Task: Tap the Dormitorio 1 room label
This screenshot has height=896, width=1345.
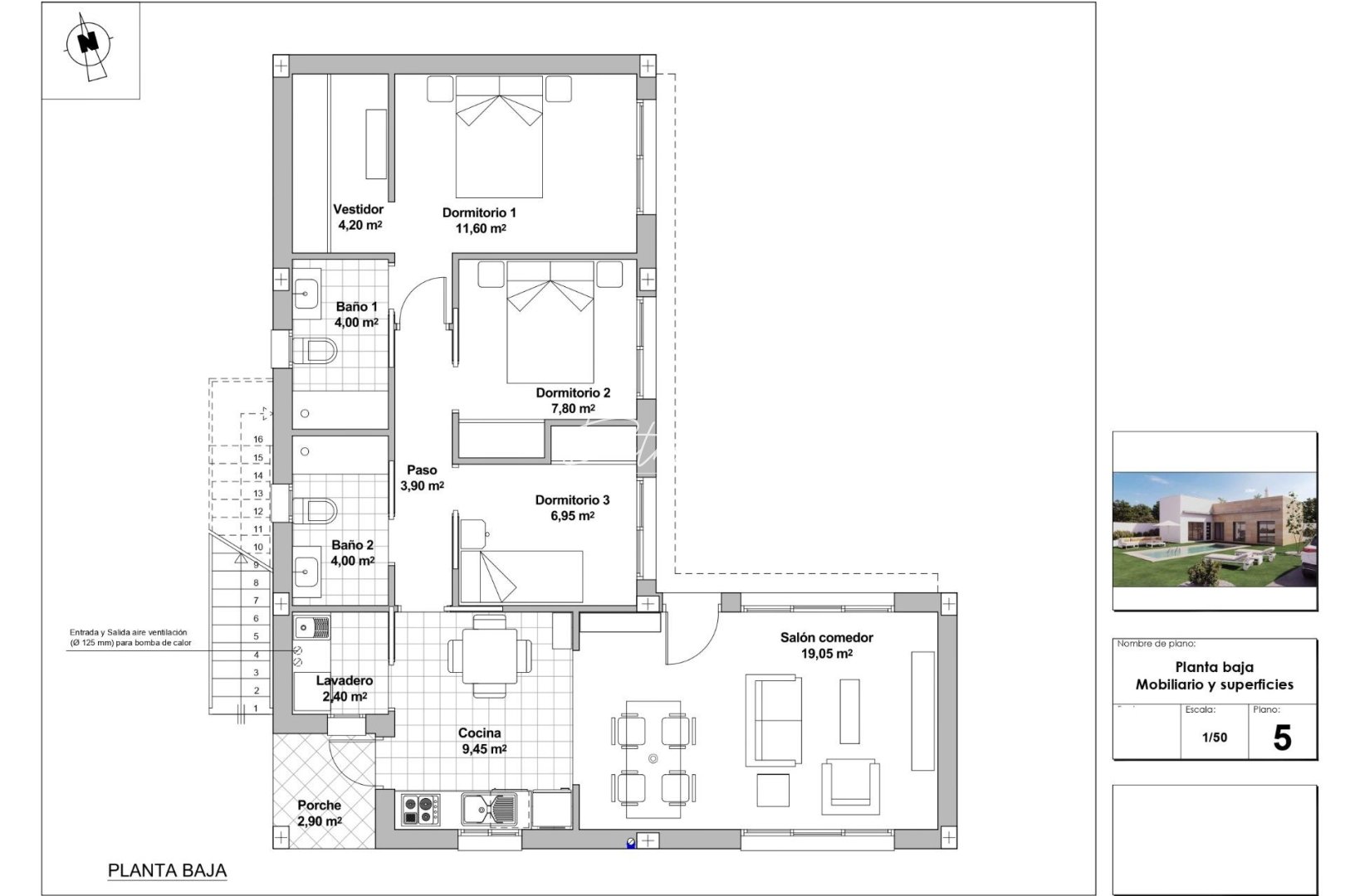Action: point(479,213)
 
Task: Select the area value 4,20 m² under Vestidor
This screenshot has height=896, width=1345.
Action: point(359,225)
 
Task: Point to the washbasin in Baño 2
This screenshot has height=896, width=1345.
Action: point(307,571)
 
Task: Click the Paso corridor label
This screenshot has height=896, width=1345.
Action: point(422,470)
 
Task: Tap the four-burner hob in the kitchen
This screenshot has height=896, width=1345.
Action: point(421,809)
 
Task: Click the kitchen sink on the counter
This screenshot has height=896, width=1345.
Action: point(490,809)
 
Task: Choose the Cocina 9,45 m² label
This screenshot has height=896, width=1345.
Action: point(482,741)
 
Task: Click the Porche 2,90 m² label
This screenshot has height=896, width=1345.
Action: point(320,813)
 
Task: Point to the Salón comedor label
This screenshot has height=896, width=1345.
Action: point(826,638)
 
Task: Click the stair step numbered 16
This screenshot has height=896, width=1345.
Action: point(258,440)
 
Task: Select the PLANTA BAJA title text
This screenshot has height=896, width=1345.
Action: point(168,871)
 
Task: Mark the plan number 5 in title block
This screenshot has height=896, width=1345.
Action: point(1282,738)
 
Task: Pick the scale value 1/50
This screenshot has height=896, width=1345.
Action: point(1214,738)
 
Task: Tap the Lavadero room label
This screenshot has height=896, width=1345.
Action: point(345,681)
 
